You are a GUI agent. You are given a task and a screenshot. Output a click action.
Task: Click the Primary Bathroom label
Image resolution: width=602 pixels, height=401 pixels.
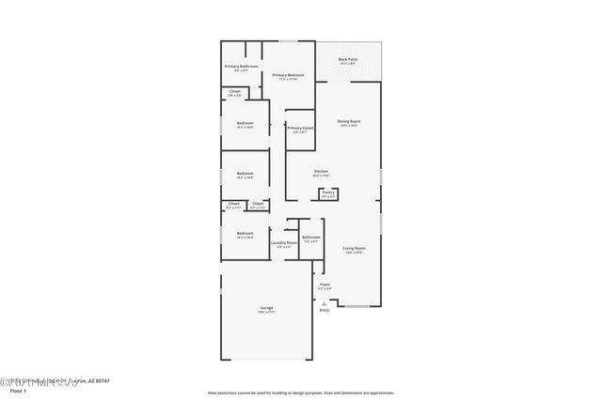pyautogui.click(x=241, y=67)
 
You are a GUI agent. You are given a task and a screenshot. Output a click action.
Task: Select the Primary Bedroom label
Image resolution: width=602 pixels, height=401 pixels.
pyautogui.click(x=288, y=75)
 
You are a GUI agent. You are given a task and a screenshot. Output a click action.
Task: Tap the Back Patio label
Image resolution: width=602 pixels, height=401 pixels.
pyautogui.click(x=349, y=60)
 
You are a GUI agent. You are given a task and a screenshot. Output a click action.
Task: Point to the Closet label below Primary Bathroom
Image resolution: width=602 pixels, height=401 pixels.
pyautogui.click(x=234, y=92)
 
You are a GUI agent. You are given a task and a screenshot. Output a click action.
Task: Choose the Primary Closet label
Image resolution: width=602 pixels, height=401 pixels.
pyautogui.click(x=300, y=129)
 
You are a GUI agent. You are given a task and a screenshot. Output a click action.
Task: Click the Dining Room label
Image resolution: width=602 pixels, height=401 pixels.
pyautogui.click(x=349, y=122)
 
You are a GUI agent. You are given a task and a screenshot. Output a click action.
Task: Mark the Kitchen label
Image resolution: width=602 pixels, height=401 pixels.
pyautogui.click(x=321, y=172)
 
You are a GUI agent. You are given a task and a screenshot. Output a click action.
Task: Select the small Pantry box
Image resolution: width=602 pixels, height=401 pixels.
pyautogui.click(x=328, y=194)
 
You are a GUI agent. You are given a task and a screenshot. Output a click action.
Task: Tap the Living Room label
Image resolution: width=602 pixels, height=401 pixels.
pyautogui.click(x=354, y=248)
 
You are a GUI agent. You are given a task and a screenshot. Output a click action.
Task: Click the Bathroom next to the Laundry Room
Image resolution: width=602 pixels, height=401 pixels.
pyautogui.click(x=310, y=238)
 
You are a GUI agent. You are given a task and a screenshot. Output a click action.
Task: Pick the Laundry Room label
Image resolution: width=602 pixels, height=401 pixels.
pyautogui.click(x=283, y=243)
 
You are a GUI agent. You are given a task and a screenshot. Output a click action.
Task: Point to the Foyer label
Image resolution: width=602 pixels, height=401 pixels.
pyautogui.click(x=325, y=285)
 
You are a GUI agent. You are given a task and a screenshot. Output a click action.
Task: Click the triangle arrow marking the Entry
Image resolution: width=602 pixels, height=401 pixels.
pyautogui.click(x=324, y=303)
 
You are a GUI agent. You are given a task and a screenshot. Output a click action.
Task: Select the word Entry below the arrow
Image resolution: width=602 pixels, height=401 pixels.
pyautogui.click(x=324, y=310)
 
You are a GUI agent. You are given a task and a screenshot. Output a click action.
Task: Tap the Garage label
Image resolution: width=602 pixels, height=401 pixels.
pyautogui.click(x=266, y=308)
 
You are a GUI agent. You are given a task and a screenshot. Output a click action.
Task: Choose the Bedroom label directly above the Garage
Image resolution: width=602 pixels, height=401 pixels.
pyautogui.click(x=245, y=234)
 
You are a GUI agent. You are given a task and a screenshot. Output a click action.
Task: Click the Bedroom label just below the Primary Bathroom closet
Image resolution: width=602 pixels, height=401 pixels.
pyautogui.click(x=245, y=124)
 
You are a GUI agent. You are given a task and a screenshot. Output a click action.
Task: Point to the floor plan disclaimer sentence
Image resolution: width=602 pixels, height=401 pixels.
pyautogui.click(x=300, y=393)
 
